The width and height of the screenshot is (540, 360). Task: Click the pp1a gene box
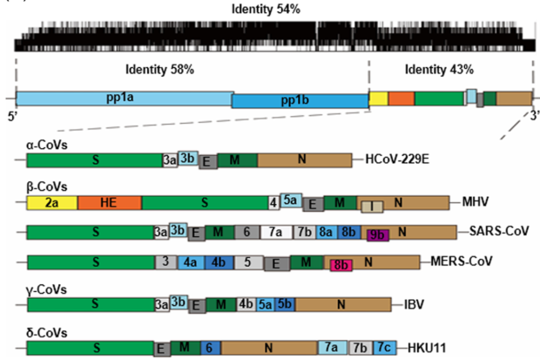pos(124,98)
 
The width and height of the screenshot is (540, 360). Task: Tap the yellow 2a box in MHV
pos(52,202)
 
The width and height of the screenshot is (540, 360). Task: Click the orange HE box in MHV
pos(109,202)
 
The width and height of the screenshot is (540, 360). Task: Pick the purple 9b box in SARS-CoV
pos(377,234)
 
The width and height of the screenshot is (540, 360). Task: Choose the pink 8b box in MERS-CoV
pos(339,263)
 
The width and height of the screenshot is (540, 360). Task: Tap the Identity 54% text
pos(270,9)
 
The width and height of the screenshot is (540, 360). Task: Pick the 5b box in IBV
pos(284,304)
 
